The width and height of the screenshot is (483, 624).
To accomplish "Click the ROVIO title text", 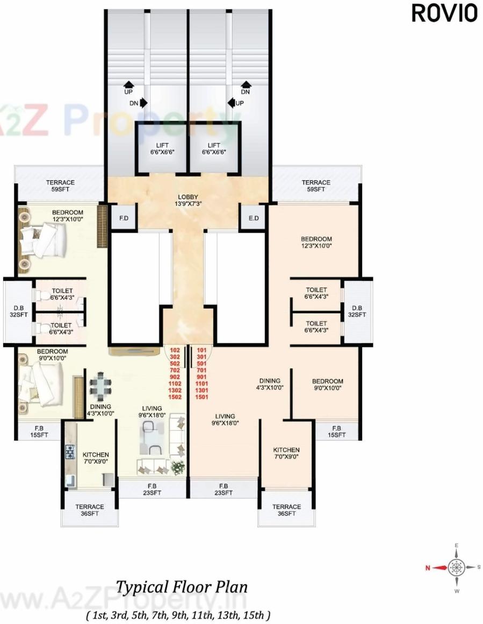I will (x=444, y=13).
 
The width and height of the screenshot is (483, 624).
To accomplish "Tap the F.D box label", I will (x=124, y=218).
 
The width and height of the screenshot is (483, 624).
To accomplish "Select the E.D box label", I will (x=254, y=218).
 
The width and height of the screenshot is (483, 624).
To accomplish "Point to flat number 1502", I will (x=175, y=397).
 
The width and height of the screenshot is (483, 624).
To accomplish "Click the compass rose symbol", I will (x=457, y=568).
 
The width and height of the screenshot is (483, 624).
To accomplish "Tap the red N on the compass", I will (x=428, y=568).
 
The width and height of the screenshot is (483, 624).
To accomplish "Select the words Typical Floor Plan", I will (x=182, y=586).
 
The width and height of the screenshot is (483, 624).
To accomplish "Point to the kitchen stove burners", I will (x=70, y=452).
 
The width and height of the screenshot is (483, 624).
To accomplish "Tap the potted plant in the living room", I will (x=178, y=466).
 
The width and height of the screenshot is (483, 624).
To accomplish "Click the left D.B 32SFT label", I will (x=18, y=311).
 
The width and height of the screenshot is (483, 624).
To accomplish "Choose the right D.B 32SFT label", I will (x=357, y=311).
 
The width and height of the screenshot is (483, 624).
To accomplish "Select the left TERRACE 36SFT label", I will (x=90, y=510).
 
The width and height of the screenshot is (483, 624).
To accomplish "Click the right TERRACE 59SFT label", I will (x=315, y=186).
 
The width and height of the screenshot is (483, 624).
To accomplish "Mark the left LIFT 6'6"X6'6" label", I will (x=162, y=148).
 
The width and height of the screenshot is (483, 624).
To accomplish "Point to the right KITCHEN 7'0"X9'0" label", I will (x=286, y=453).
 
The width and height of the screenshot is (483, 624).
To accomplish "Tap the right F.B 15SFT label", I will (x=337, y=431).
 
